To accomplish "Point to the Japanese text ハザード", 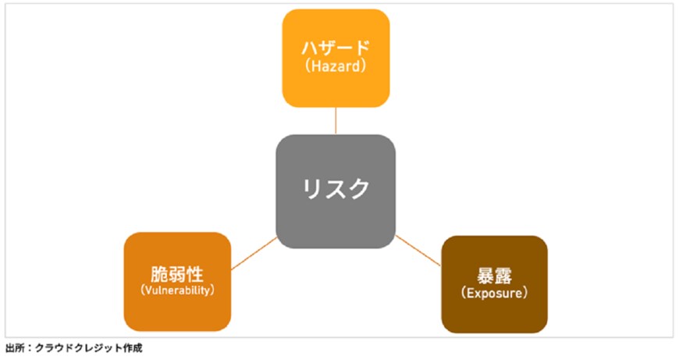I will point(336,48).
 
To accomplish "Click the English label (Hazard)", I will point(336,67).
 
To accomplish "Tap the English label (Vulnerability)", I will point(177,290).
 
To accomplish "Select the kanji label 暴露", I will point(494,276).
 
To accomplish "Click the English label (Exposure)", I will point(494,294).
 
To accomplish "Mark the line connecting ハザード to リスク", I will point(336,120).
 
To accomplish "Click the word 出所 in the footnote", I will point(13,348).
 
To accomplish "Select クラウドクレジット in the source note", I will point(77,348).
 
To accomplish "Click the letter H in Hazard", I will point(312,67).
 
